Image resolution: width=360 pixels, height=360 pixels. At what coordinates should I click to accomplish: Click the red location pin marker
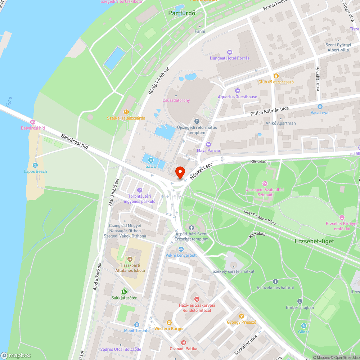pos(180,172)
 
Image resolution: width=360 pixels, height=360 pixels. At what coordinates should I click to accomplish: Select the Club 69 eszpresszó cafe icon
pos(276,76)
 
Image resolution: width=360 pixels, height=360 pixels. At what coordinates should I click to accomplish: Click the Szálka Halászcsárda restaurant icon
pos(126,112)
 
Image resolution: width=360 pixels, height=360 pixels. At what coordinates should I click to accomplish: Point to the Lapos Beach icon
pos(35,165)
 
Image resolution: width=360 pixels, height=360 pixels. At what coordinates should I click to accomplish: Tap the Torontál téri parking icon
pos(140,190)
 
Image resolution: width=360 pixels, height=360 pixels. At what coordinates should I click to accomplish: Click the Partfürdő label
pos(182,13)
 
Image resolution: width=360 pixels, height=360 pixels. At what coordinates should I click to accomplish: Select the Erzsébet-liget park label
pos(309,241)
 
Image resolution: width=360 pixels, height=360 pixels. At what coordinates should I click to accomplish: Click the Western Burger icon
pos(169,323)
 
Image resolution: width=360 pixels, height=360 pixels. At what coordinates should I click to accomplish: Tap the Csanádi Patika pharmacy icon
pos(184,342)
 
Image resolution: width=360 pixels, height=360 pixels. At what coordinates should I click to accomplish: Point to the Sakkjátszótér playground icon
pos(124,292)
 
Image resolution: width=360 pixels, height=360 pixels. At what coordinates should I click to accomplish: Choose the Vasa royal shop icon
pos(320,107)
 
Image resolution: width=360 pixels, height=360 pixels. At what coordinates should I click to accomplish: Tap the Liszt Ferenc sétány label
pos(260,217)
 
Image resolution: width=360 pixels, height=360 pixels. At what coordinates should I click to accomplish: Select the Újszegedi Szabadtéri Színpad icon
pos(265,184)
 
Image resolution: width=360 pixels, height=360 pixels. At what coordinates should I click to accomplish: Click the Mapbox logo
pos(16,355)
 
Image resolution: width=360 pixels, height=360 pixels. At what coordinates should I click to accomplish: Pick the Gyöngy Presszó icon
pos(241,316)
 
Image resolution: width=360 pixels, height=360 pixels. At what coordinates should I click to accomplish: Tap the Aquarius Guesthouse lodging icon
pos(237,90)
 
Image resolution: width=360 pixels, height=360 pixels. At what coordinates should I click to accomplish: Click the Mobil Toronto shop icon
pos(136,325)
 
